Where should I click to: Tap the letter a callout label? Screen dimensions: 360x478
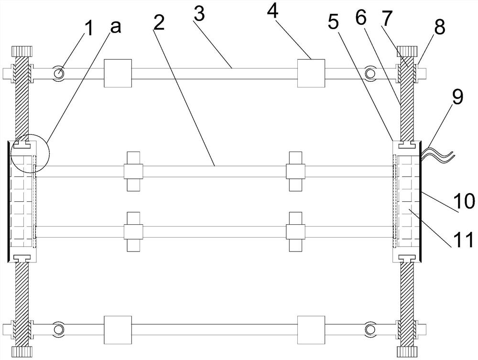[x=115, y=27]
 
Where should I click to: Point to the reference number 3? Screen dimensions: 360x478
[x=200, y=15]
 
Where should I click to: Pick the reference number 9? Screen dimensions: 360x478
[x=457, y=98]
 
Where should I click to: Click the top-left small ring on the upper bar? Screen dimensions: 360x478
[x=59, y=74]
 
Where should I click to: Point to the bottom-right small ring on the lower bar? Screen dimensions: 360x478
[x=369, y=329]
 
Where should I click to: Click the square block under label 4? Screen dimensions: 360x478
[x=311, y=74]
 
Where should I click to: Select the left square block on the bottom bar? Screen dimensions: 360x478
[x=118, y=329]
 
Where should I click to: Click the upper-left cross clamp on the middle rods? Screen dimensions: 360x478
[x=133, y=171]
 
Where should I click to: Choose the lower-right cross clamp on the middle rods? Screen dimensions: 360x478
[x=295, y=231]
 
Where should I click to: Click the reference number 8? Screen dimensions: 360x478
[x=439, y=27]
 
